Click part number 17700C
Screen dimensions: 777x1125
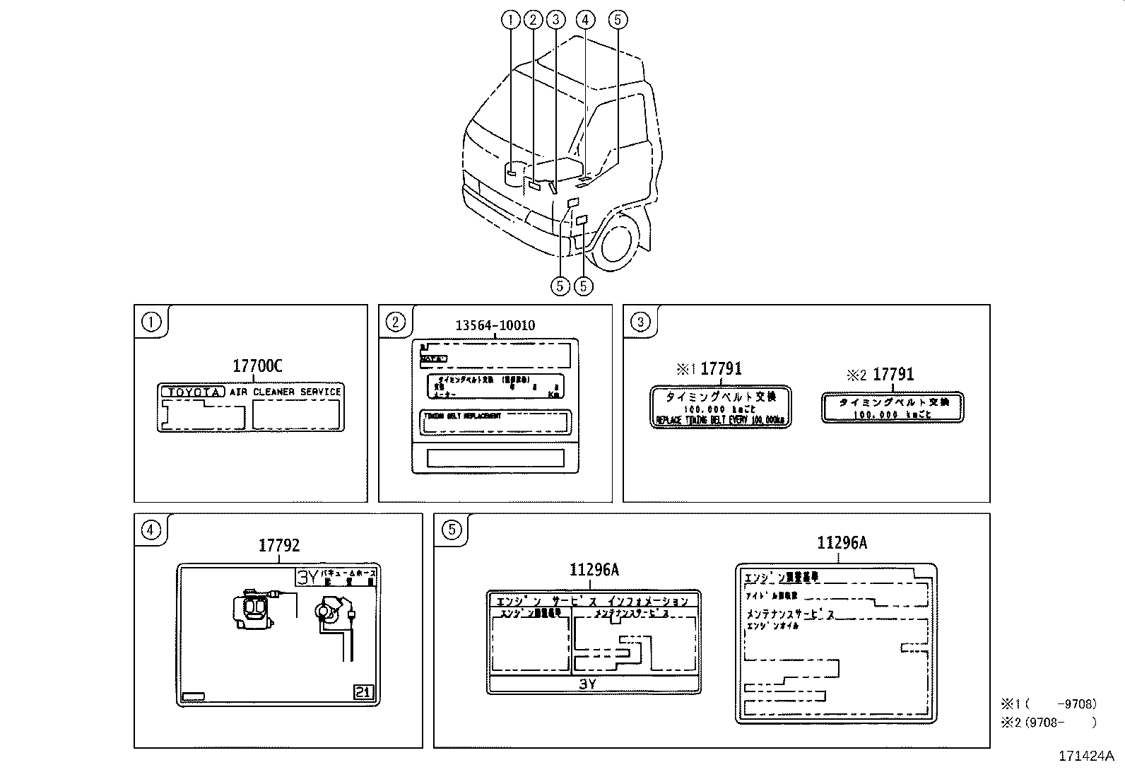click(257, 366)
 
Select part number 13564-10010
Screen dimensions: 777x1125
click(495, 325)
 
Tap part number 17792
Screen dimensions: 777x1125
click(278, 545)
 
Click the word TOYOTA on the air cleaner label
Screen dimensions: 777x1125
click(193, 392)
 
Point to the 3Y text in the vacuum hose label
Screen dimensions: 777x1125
click(308, 577)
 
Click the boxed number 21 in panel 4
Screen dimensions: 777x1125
click(363, 692)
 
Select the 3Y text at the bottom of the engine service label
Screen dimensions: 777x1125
click(587, 684)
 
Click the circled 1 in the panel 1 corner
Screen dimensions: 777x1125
click(151, 322)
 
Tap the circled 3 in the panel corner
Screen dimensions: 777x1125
click(640, 322)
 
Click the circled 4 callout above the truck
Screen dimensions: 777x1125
click(584, 20)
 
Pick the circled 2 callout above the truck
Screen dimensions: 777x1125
click(534, 20)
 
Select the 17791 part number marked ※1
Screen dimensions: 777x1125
click(721, 368)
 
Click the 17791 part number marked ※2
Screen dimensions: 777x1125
click(893, 375)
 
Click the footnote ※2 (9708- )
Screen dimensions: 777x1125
click(1048, 722)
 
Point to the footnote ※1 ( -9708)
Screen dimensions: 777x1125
click(1048, 703)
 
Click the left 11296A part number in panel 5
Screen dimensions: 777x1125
click(594, 570)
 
